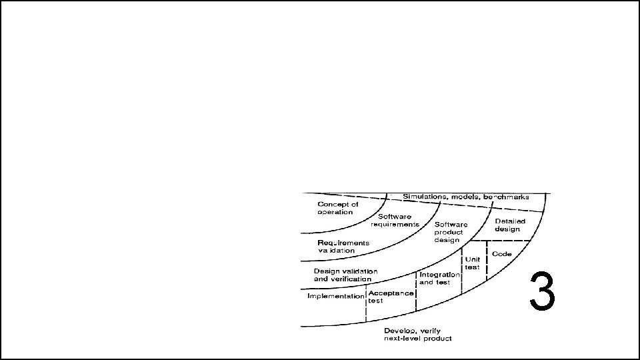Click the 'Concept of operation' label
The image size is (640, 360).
point(338,207)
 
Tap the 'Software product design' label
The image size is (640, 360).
point(451,232)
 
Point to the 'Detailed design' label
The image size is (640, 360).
point(509,225)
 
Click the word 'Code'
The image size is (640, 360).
point(502,254)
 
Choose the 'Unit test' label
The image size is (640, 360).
point(473,263)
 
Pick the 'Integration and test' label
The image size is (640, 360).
point(439,278)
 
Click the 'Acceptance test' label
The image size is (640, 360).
point(391,297)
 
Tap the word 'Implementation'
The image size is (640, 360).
point(336,296)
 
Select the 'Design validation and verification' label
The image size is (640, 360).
point(346,275)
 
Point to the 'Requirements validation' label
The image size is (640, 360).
point(343,246)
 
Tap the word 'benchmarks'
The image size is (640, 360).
point(506,197)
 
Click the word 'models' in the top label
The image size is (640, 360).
point(467,197)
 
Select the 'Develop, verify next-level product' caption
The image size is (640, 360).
point(418,335)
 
